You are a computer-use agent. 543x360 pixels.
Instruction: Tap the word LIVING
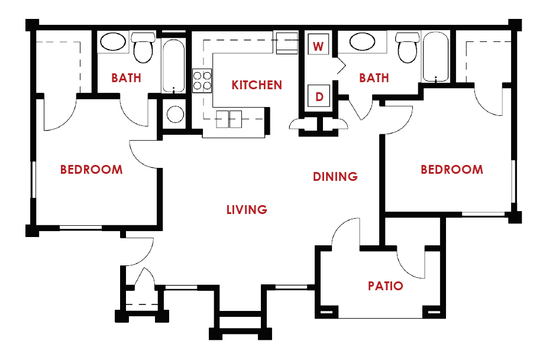click(247, 210)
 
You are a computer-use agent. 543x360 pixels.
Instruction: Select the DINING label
click(335, 176)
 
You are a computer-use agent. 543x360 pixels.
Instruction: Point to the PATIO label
click(385, 286)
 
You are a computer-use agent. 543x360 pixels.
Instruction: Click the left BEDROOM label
click(92, 170)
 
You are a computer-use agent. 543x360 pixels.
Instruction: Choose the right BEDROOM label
click(451, 170)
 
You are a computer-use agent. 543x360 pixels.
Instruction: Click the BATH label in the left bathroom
click(126, 78)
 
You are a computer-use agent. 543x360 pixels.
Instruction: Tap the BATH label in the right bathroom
click(374, 78)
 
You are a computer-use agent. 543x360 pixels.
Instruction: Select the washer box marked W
click(318, 46)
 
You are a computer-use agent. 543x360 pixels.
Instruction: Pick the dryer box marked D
click(319, 96)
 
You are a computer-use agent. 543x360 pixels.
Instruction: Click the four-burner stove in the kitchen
click(202, 80)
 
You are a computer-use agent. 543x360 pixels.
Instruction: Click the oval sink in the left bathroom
click(112, 42)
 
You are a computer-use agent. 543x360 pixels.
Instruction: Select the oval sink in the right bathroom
click(362, 42)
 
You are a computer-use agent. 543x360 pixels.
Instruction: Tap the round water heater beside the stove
click(174, 113)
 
